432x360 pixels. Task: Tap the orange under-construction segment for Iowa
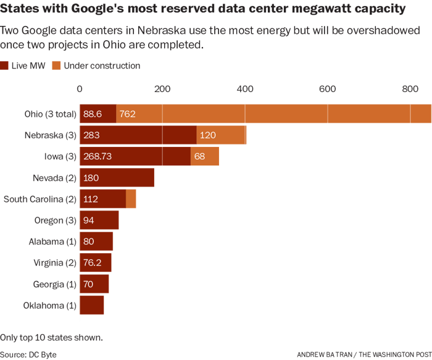204,156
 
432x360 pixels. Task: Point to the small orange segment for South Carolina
131,199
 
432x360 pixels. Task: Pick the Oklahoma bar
92,305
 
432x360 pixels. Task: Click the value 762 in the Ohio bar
128,114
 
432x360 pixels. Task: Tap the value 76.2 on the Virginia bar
93,262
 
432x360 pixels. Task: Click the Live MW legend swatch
5,65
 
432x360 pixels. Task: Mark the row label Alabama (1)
52,241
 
